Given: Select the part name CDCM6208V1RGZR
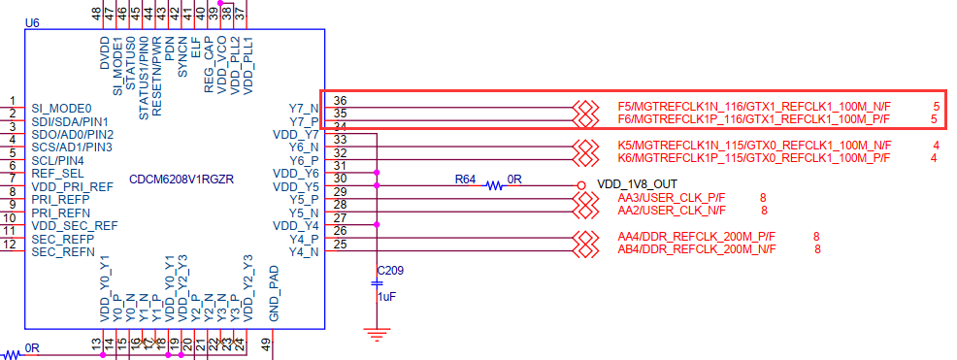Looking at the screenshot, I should coord(182,180).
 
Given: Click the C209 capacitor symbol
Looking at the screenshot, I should coord(378,281).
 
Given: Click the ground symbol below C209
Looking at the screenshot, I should coord(377,335).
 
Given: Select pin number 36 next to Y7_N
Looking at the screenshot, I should coord(340,101).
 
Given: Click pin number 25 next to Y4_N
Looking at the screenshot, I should coord(340,244).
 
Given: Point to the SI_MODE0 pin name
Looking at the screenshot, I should coord(61,108).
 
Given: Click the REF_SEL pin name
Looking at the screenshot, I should coord(54,174).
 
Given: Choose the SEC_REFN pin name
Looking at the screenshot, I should coord(62,252).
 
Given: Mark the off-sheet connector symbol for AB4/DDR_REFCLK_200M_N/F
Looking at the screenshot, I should coord(584,249).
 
